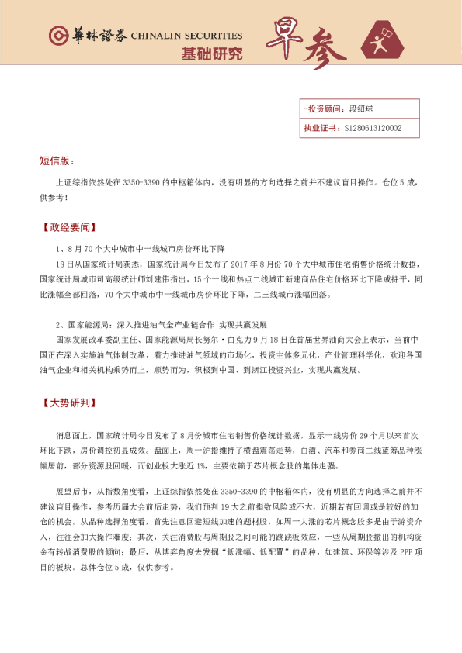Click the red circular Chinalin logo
(58, 36)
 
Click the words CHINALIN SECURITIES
(187, 36)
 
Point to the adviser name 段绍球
(362, 110)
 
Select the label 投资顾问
(322, 110)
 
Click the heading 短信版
(57, 161)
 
